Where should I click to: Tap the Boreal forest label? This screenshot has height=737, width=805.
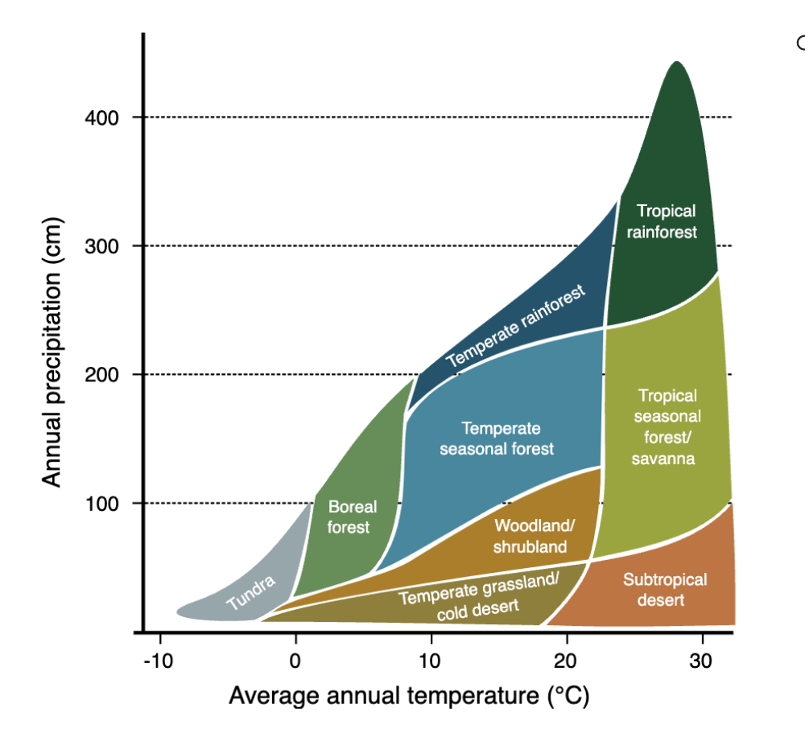point(352,517)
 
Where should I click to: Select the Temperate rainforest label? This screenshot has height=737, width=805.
point(515,325)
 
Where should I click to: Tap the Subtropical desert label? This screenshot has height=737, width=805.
point(665,590)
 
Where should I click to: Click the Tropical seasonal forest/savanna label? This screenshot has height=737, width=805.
point(667,426)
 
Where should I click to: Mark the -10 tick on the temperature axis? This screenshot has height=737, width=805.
point(159,661)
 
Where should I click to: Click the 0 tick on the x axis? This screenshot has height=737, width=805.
point(296,661)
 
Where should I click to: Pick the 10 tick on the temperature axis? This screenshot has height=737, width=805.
point(431,661)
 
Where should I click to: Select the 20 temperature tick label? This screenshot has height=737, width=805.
point(567,661)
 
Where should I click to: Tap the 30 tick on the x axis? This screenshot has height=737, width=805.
point(703,661)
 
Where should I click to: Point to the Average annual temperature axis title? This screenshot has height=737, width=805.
point(409,695)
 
